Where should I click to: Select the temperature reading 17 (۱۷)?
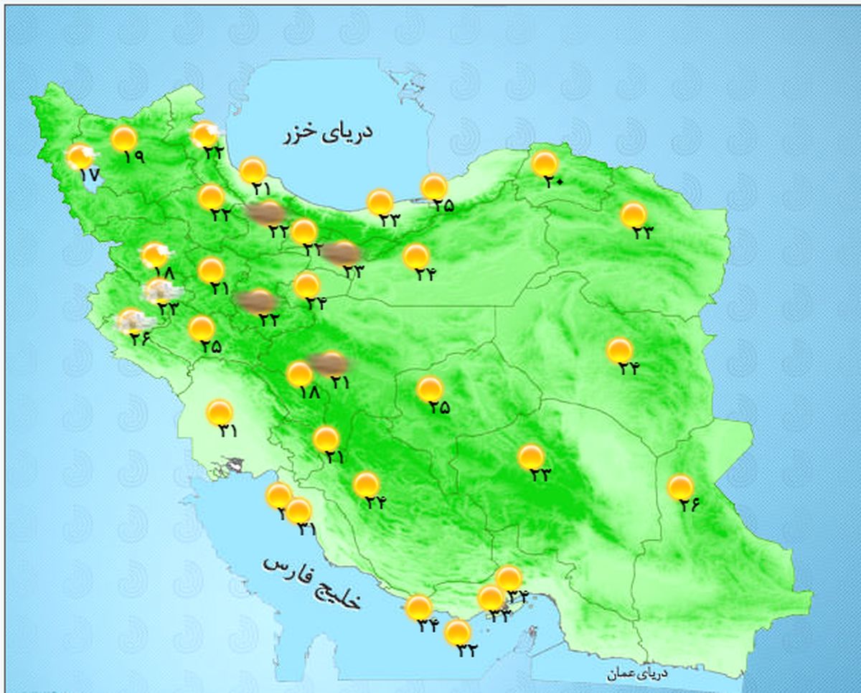(89, 174)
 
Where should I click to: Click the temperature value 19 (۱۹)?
(133, 156)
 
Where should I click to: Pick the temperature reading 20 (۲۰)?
(553, 182)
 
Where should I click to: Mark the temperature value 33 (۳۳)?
(499, 615)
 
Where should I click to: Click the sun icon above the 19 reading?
(124, 138)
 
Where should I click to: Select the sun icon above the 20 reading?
(545, 164)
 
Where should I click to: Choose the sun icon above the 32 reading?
(457, 632)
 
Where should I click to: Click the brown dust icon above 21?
(329, 364)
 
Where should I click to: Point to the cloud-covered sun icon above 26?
(132, 321)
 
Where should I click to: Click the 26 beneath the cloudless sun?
(690, 505)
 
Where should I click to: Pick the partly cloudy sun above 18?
(155, 255)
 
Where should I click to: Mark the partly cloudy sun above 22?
(204, 133)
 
